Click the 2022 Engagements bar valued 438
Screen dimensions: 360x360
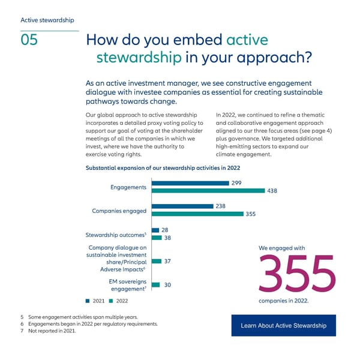coord(208,191)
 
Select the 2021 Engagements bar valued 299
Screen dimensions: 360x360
coord(190,183)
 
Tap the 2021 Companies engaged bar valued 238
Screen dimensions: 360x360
coord(182,206)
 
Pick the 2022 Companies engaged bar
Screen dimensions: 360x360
coord(197,214)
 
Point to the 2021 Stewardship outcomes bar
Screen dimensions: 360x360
coord(155,230)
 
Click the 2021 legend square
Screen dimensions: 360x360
coord(88,301)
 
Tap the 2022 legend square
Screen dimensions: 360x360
coord(111,301)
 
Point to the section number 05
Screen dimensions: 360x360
coord(29,40)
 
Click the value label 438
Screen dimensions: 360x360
coord(272,191)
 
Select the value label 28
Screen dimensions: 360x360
coord(165,230)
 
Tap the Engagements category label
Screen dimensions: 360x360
coord(128,187)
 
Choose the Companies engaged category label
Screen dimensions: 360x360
coord(119,211)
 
